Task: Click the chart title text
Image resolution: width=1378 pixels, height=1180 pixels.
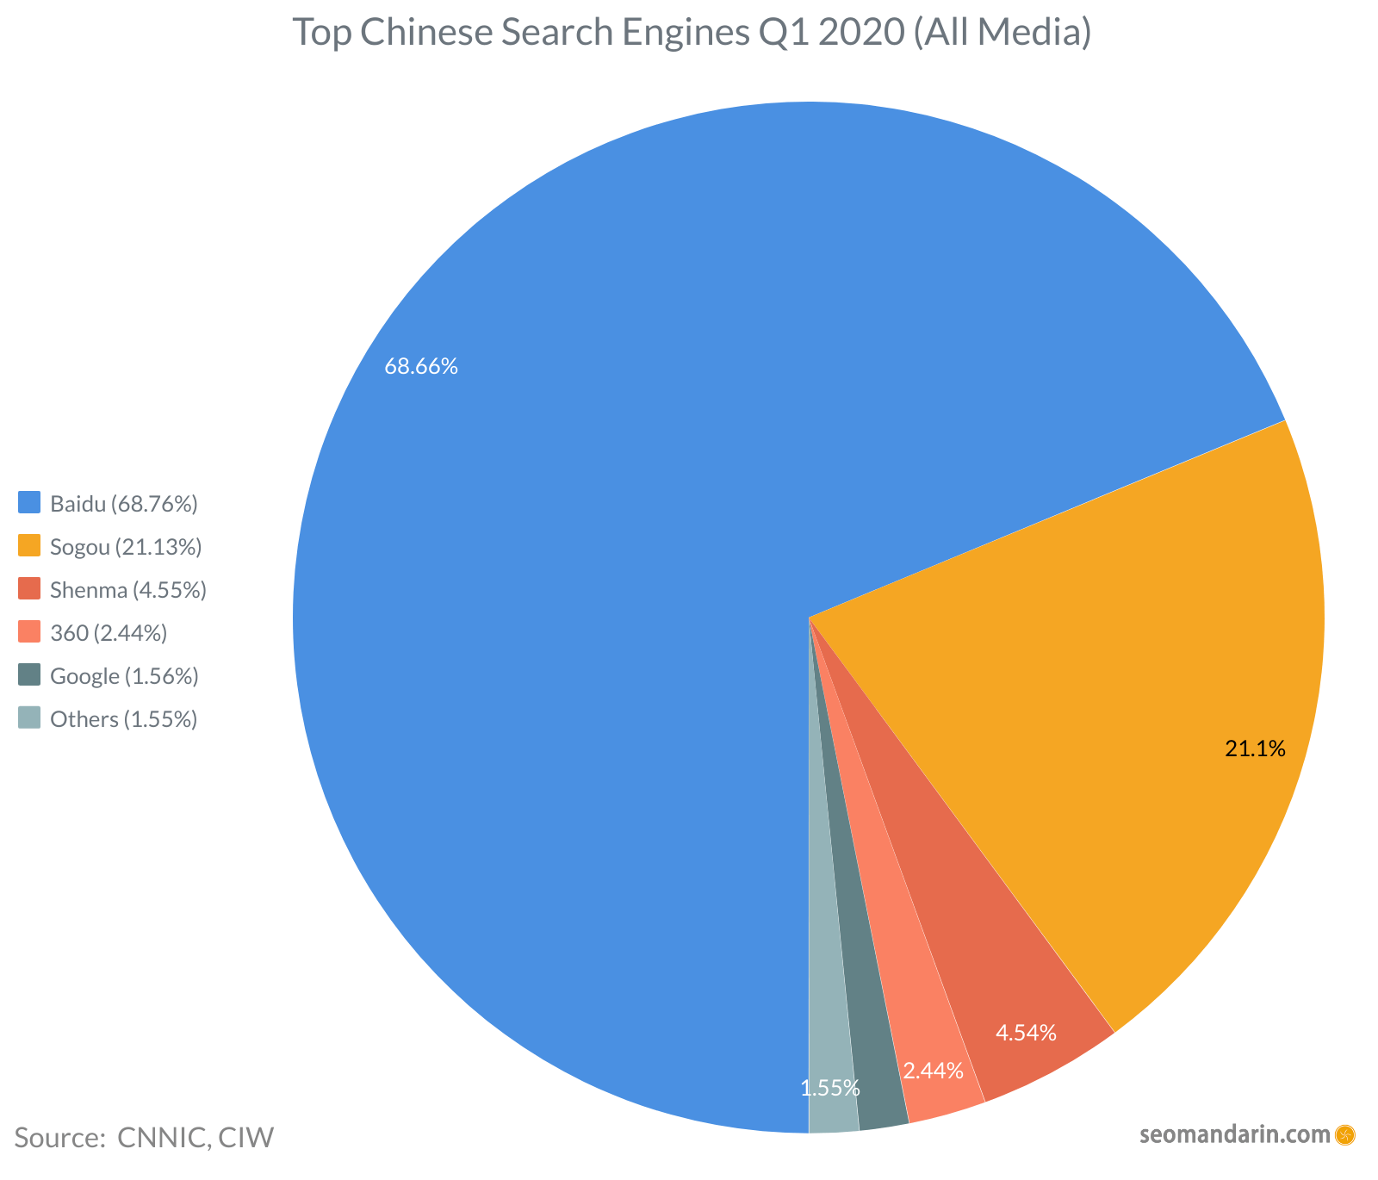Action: (x=692, y=32)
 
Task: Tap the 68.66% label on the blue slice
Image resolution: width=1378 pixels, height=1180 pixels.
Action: (x=421, y=367)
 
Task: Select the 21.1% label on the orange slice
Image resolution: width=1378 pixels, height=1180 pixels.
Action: (x=1255, y=749)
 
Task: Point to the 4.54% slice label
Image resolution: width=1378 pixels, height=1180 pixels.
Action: (x=1026, y=1033)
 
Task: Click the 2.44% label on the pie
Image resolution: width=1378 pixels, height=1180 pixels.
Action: (x=933, y=1071)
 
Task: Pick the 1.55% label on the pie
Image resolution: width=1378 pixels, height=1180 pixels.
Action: (x=830, y=1089)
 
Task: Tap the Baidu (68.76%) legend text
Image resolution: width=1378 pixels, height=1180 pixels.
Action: (x=124, y=504)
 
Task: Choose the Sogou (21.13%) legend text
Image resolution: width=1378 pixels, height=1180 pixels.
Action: (x=126, y=547)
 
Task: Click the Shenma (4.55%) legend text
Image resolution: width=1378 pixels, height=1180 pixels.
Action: (x=128, y=590)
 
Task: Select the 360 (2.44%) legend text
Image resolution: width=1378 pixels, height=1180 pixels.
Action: (x=109, y=633)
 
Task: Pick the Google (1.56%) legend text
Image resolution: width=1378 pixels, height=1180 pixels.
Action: (x=124, y=676)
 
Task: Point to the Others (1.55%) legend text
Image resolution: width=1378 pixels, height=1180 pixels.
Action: (x=124, y=719)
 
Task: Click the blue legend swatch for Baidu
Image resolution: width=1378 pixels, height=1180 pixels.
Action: (x=30, y=503)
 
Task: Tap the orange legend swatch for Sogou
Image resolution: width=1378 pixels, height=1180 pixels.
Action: (x=30, y=546)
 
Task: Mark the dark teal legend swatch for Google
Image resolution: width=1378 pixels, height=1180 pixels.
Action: (x=30, y=675)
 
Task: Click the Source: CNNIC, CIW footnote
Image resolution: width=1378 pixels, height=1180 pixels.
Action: (x=144, y=1138)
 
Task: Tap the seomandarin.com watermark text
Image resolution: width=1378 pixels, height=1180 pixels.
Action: (x=1234, y=1134)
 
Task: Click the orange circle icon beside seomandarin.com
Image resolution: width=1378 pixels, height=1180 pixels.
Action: (x=1344, y=1134)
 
